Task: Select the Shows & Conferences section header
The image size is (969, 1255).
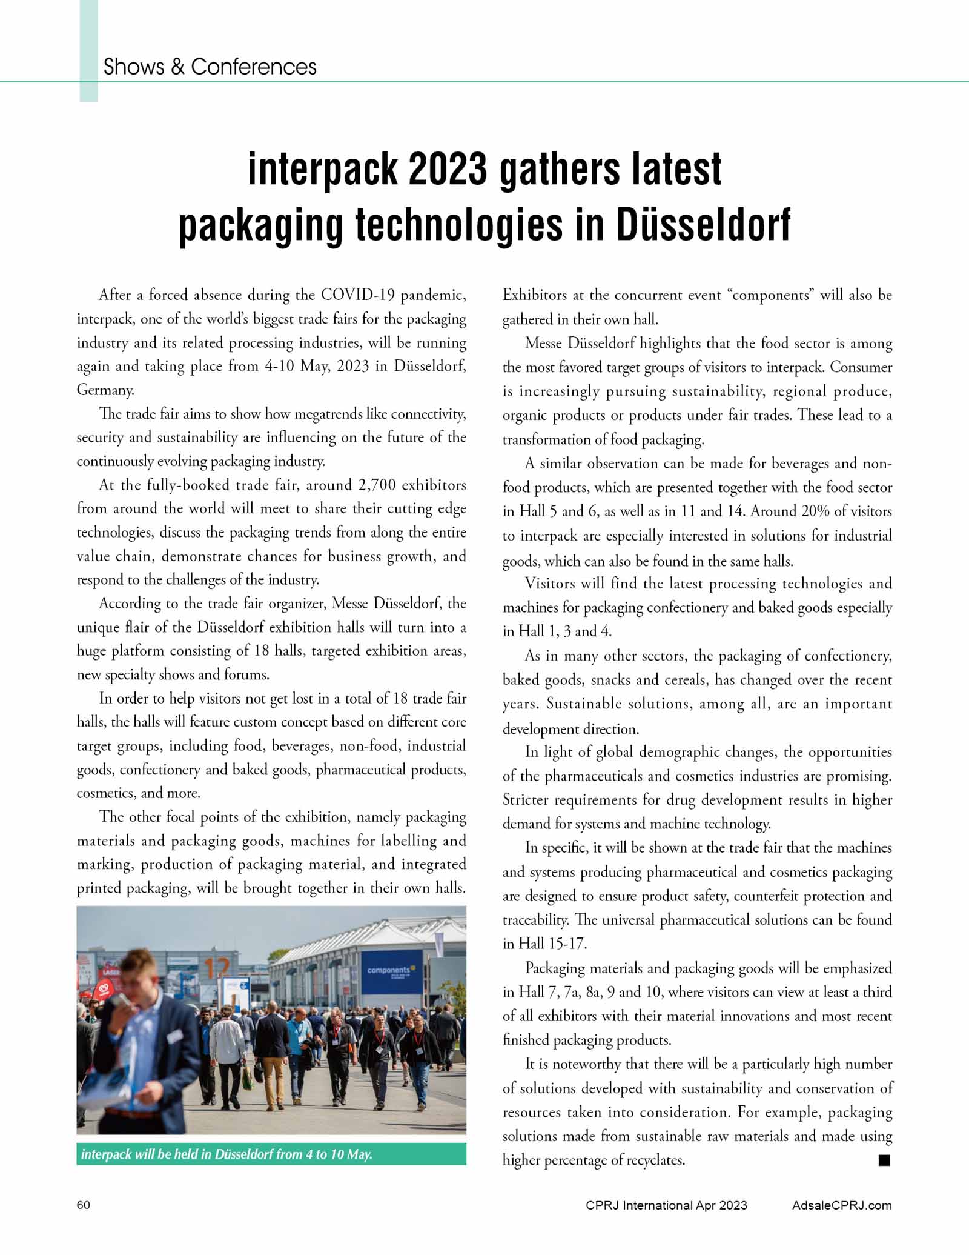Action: point(210,67)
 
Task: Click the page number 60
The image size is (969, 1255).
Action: point(84,1205)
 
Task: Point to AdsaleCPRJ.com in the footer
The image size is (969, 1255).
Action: point(842,1205)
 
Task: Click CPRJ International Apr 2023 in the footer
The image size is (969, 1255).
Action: point(666,1205)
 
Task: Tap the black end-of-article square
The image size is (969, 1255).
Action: point(884,1160)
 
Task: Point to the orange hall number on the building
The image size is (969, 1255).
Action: point(216,970)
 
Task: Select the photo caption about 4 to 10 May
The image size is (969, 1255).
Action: point(227,1154)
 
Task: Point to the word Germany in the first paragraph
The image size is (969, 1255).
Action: point(104,390)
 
